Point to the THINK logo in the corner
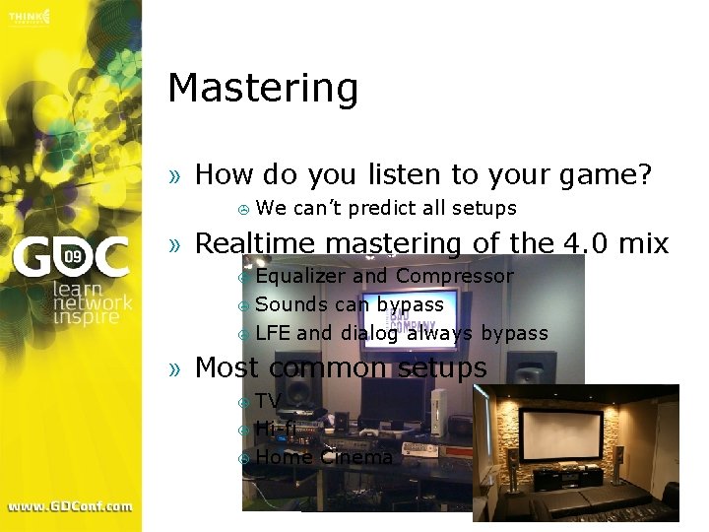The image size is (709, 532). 30,17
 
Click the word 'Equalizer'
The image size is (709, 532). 299,277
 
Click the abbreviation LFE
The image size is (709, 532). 273,333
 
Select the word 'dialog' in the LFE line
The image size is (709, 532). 369,333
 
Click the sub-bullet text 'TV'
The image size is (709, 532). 268,400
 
